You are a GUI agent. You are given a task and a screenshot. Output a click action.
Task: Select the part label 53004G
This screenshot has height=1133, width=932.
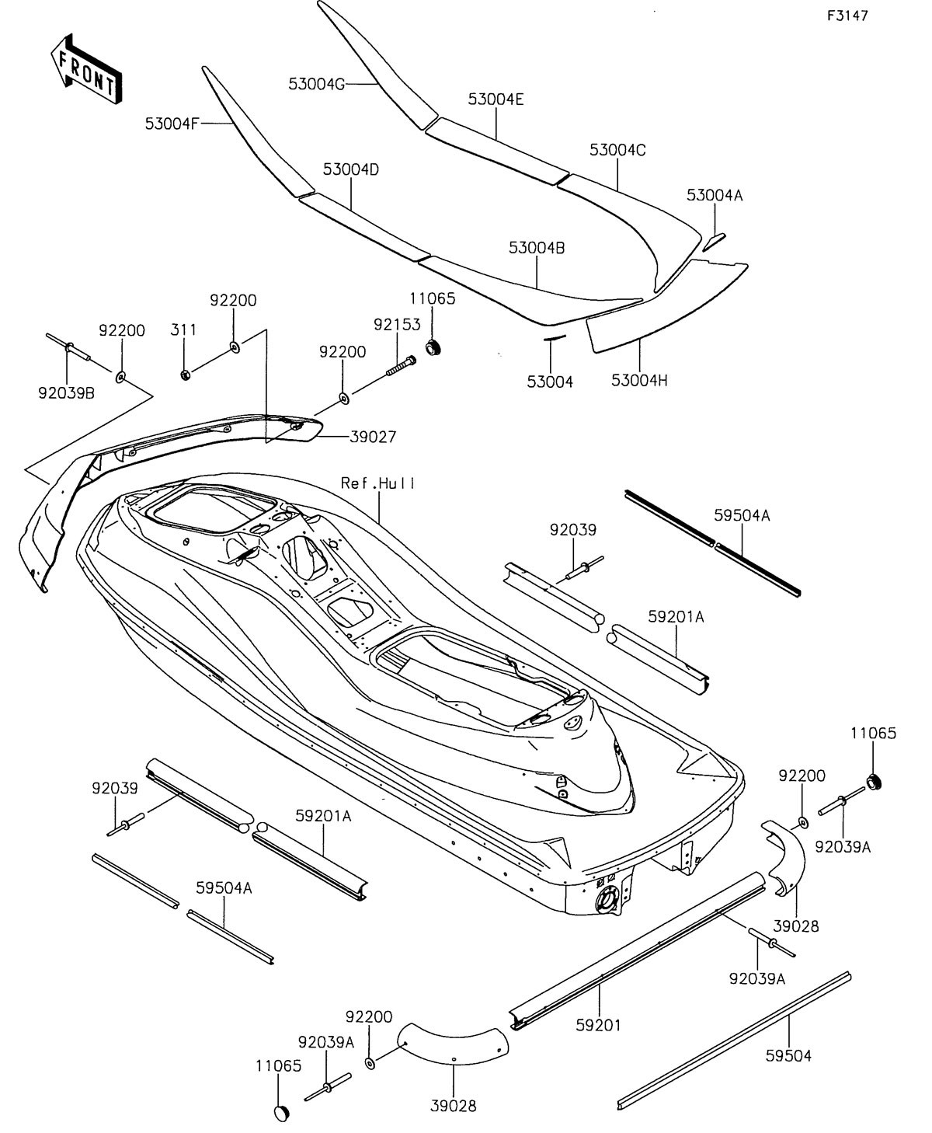316,84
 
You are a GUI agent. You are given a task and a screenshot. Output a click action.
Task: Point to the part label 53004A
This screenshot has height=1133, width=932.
715,196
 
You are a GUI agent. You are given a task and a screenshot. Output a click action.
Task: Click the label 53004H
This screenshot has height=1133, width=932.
639,380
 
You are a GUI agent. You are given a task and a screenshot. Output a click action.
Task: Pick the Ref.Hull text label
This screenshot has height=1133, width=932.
378,483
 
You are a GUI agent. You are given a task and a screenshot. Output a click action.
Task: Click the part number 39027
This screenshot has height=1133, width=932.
370,438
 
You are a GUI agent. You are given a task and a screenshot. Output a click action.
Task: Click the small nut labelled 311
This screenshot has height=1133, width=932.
185,375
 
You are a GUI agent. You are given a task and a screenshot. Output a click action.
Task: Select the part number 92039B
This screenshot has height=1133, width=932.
66,393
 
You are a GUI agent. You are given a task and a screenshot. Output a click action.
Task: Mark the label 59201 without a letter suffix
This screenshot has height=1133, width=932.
598,1026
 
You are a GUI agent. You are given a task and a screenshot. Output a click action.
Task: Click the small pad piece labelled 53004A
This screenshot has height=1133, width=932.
714,240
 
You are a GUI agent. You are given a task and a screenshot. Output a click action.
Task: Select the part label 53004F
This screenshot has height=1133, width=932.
172,123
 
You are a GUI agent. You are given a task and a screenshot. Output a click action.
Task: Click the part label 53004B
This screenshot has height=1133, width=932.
537,248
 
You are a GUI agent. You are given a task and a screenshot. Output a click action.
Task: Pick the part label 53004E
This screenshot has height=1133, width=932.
496,99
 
